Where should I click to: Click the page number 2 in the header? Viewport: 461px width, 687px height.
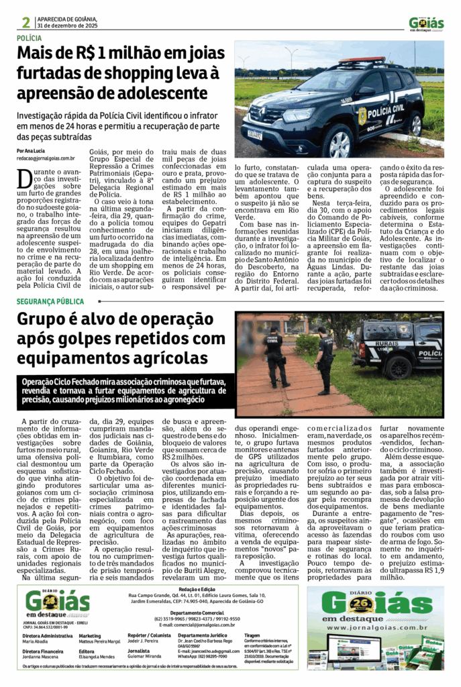point(25,22)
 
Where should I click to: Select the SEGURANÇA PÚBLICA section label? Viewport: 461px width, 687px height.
point(50,302)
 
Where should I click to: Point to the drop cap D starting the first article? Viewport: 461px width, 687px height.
point(25,180)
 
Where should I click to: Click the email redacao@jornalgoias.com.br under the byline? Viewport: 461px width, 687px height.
point(46,158)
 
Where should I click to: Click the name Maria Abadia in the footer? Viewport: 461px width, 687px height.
point(36,640)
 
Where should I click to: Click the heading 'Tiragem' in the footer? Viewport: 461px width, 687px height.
point(252,635)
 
